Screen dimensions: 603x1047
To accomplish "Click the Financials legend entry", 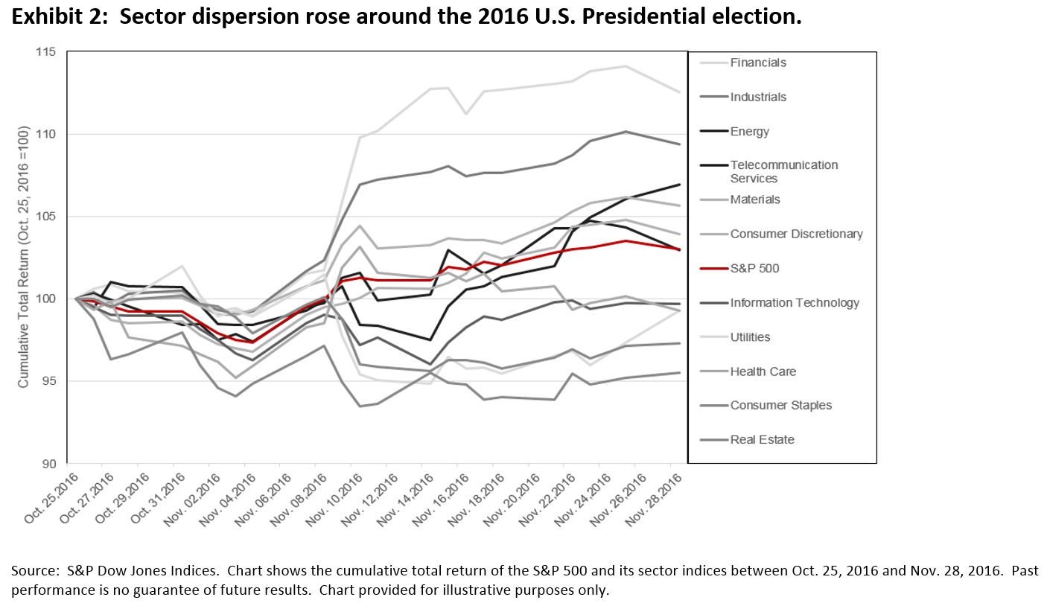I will tap(758, 63).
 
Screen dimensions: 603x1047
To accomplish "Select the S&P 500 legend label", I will tap(754, 268).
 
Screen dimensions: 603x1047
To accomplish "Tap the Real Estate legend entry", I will tap(762, 439).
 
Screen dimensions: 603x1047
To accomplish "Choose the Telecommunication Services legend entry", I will tap(784, 171).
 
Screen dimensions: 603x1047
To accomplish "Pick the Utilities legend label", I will tap(750, 336).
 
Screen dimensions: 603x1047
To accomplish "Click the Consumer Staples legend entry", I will tap(780, 405).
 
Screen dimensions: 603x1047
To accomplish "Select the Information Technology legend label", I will tap(795, 302).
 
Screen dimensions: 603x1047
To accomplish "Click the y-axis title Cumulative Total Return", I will tap(23, 258).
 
